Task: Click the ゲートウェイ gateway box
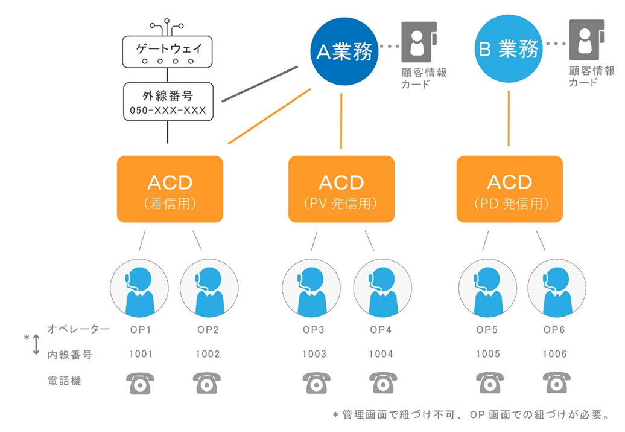[168, 51]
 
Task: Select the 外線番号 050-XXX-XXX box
[168, 102]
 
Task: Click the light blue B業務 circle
[509, 50]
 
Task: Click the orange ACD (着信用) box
[170, 189]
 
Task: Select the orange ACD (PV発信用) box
[341, 189]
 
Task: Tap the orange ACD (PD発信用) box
[509, 189]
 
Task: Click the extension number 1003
[314, 355]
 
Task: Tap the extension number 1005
[487, 355]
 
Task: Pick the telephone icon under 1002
[207, 383]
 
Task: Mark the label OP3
[314, 330]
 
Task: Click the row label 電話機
[65, 381]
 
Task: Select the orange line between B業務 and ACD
[509, 118]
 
